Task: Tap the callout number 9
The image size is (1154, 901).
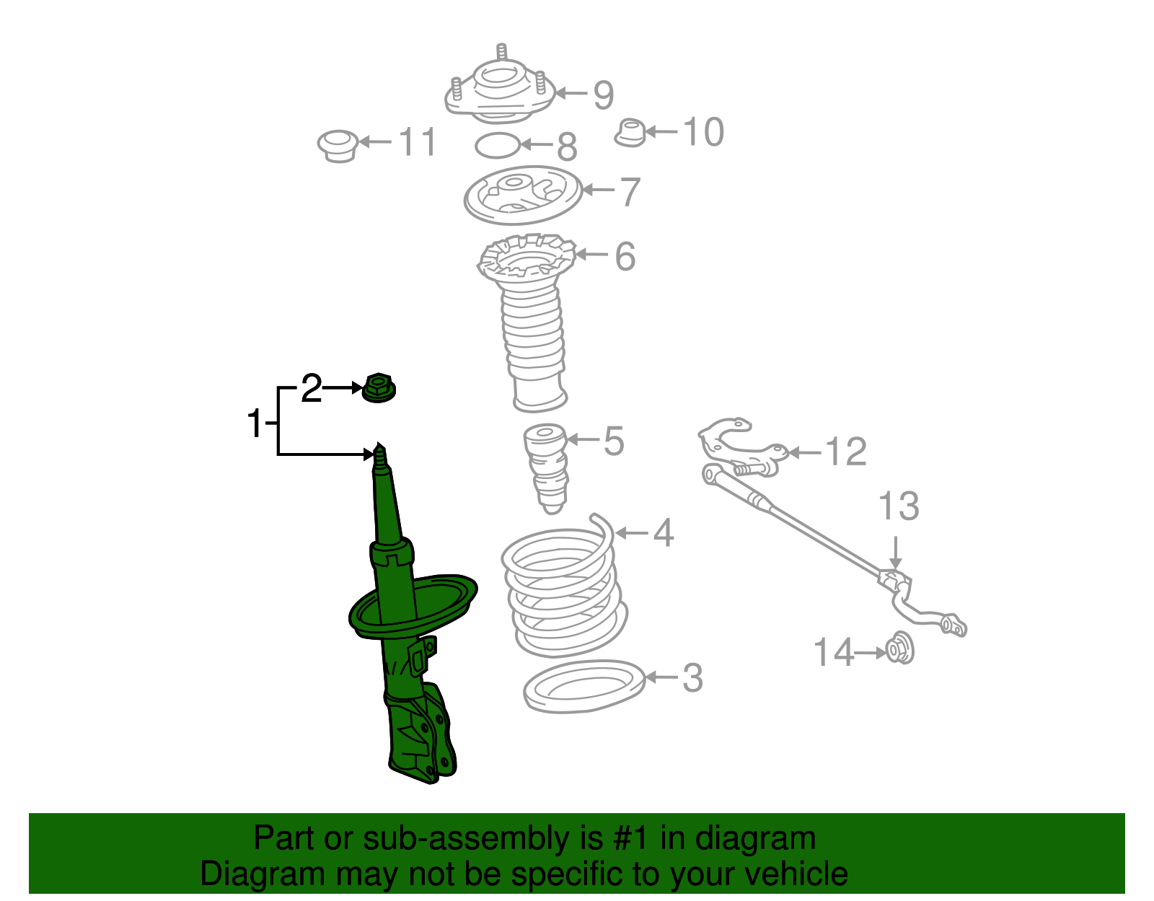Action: click(x=603, y=95)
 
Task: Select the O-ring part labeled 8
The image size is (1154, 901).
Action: click(x=497, y=146)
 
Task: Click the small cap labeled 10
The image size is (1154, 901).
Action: click(x=630, y=133)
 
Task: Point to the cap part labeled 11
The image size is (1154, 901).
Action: click(x=338, y=145)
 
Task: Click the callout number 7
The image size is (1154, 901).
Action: click(x=630, y=192)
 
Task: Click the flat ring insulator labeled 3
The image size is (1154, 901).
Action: click(x=583, y=686)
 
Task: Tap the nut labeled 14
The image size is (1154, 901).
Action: click(x=899, y=649)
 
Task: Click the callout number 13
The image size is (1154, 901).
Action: click(x=899, y=506)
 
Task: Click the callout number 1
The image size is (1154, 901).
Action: click(x=255, y=423)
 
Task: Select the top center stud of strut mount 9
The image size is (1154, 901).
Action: click(x=502, y=54)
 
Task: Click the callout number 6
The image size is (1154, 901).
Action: click(x=625, y=256)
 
